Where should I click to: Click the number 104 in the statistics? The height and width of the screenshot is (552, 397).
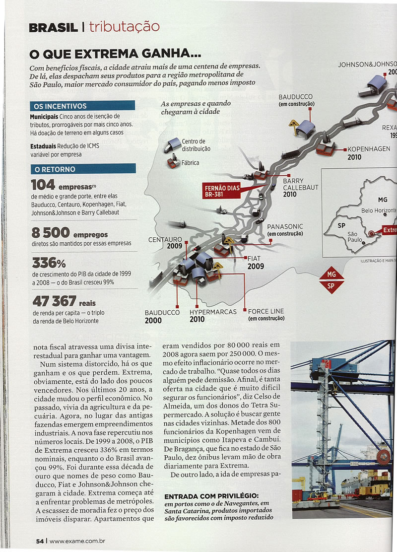point(43,185)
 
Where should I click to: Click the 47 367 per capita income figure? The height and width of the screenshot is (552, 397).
point(54,301)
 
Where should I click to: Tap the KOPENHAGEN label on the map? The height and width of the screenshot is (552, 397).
point(369,149)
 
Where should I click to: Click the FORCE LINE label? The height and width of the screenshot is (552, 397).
point(266,311)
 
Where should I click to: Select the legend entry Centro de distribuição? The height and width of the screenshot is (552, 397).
point(196,145)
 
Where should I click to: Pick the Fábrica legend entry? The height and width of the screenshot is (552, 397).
point(191,162)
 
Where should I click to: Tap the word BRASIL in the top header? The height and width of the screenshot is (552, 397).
point(53,28)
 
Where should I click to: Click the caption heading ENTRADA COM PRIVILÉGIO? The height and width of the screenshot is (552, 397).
point(211,496)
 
